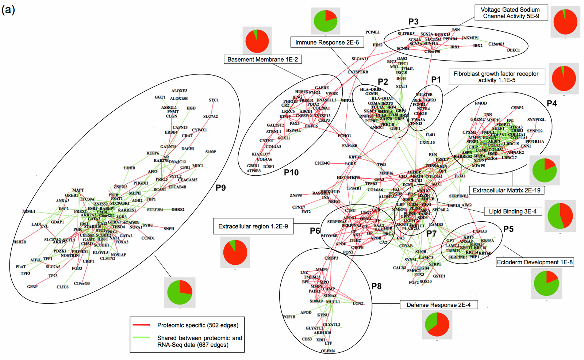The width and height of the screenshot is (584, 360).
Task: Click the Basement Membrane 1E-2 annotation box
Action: point(262,59)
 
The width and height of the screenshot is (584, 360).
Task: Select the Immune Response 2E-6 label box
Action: point(327,42)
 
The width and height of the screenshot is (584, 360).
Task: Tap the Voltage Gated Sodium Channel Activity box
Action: point(510,13)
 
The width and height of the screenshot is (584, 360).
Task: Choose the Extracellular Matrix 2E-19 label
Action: point(506,190)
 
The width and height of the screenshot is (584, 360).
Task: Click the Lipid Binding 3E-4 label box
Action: point(512,211)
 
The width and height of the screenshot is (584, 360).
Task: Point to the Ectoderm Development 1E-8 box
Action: point(535,262)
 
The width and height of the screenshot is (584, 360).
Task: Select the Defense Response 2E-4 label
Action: point(438,305)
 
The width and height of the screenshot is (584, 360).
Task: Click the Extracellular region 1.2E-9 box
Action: point(253,226)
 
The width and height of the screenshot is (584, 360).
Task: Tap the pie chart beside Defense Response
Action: point(437,324)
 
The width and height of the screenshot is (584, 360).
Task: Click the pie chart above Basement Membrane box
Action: point(257,41)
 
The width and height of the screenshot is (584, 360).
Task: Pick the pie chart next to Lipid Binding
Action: point(560,216)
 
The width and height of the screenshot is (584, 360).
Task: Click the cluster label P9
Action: point(220,188)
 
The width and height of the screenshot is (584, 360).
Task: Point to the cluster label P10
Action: point(291,172)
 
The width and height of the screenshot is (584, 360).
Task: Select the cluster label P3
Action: point(413,22)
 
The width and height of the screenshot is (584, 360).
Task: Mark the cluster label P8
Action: point(376,286)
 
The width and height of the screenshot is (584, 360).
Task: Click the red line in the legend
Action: point(141,325)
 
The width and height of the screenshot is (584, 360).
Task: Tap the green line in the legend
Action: point(141,338)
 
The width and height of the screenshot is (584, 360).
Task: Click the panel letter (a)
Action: point(8,9)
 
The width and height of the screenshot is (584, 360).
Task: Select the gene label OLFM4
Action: point(328,351)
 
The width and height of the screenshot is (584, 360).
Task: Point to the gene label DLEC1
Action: point(513,50)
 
